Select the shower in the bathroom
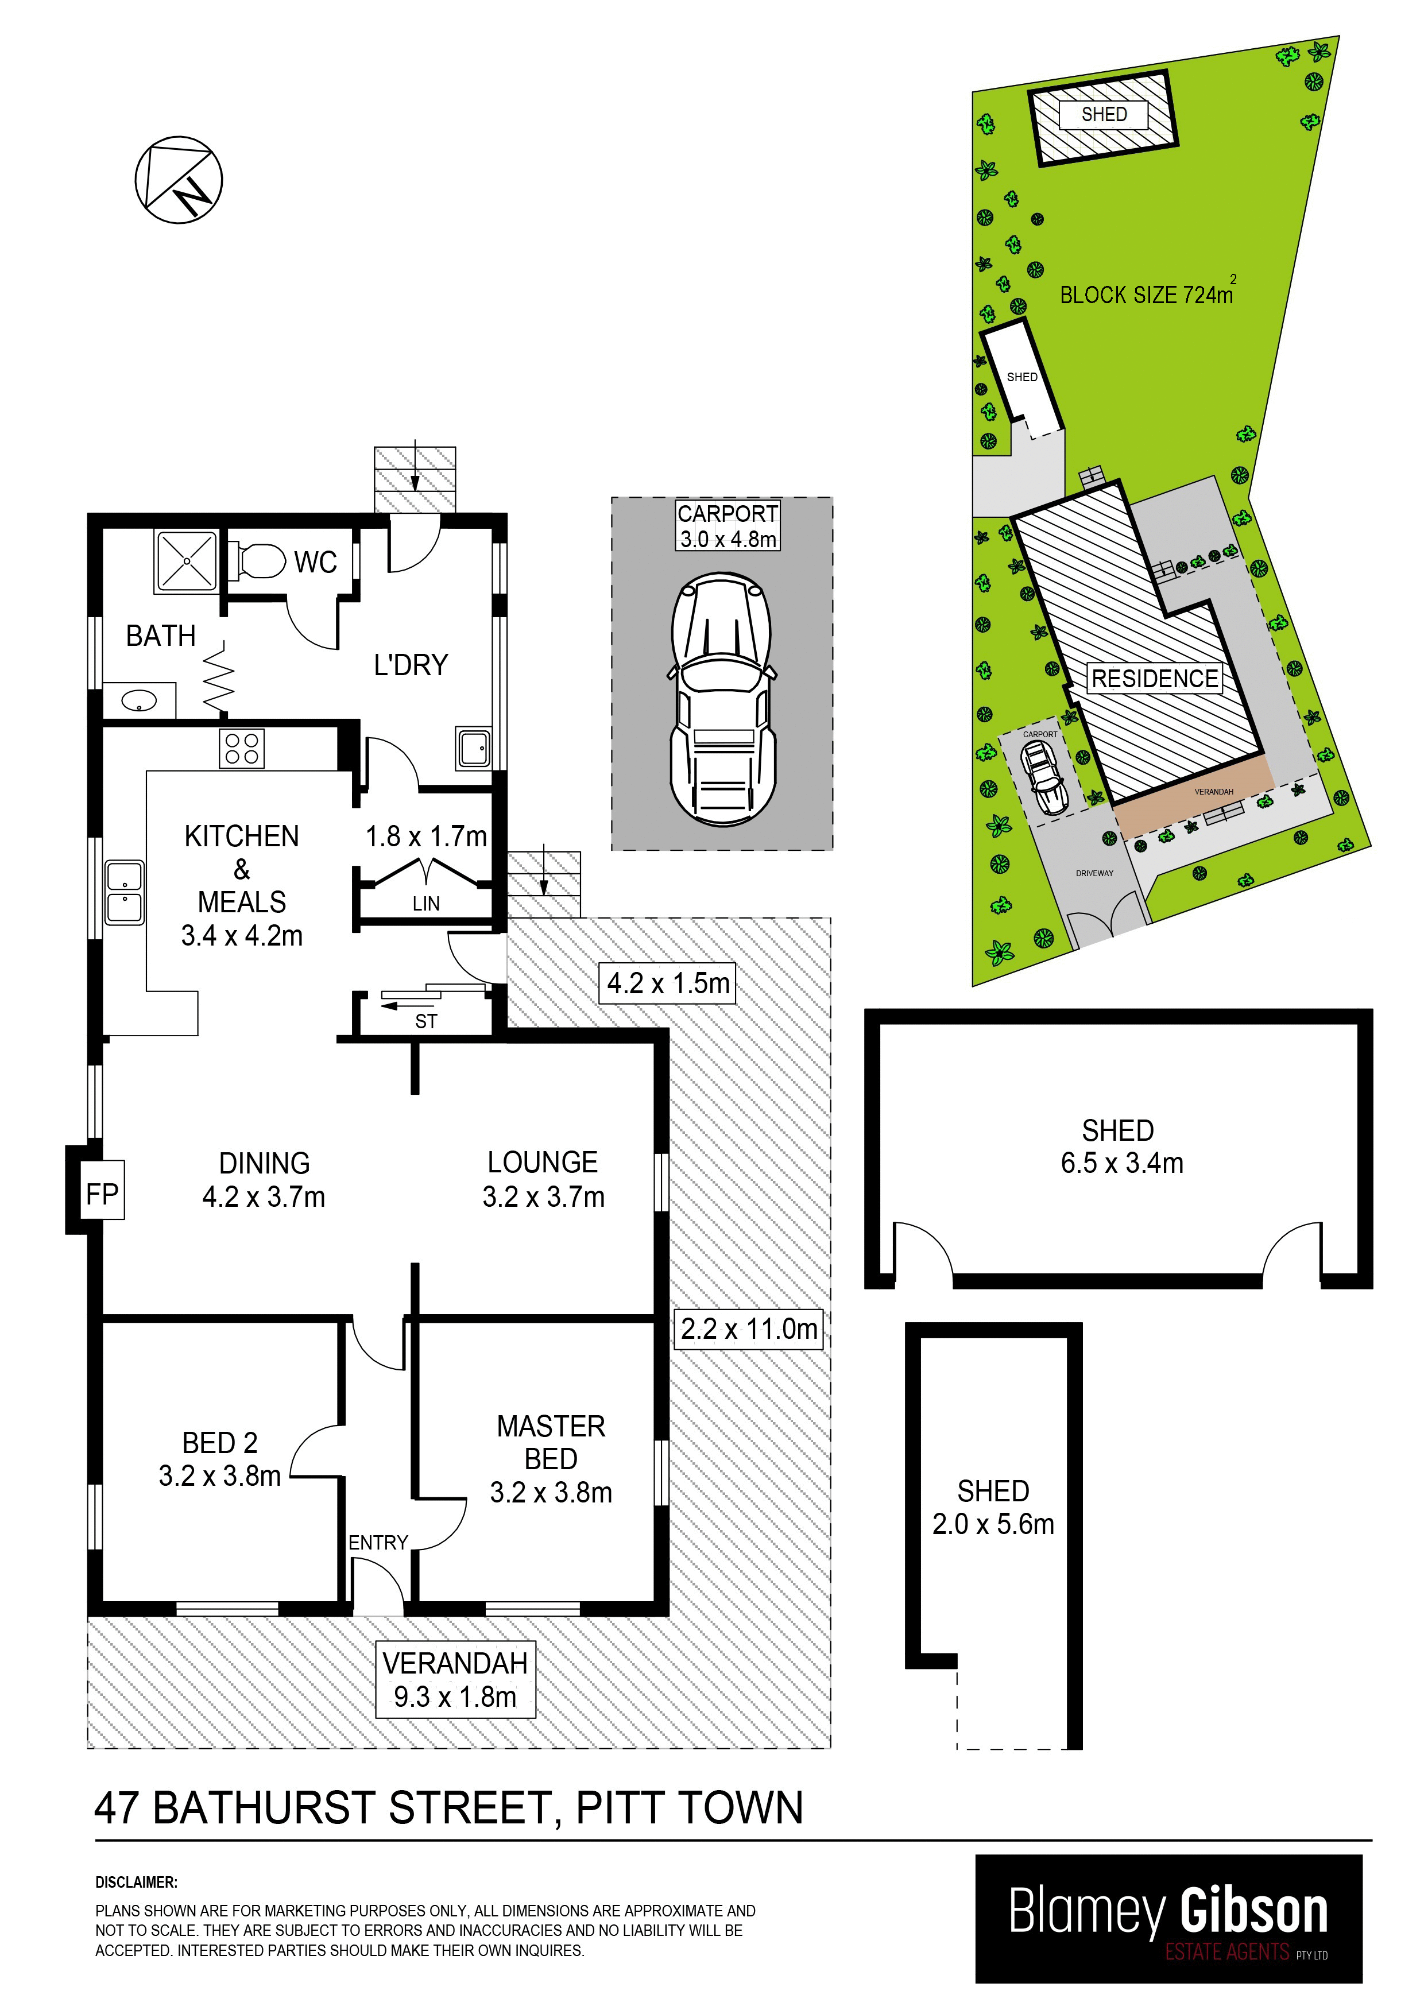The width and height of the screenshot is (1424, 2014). [186, 560]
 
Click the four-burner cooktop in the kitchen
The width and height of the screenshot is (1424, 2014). [241, 748]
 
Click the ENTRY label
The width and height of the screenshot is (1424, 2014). [378, 1542]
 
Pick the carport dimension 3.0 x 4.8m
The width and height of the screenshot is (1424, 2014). [728, 539]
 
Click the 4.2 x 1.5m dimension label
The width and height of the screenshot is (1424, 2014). [668, 983]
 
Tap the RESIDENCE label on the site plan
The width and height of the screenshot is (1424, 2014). [1155, 678]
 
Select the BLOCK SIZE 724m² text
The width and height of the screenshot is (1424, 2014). [1148, 292]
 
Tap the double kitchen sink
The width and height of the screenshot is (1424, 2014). [125, 892]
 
